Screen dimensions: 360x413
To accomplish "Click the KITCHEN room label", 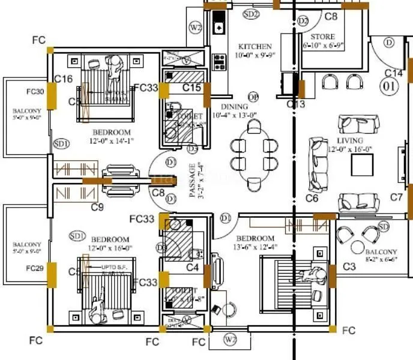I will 255,46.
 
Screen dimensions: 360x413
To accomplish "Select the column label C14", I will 393,73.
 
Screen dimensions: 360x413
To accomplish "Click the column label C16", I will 63,79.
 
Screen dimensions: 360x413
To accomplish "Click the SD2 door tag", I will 251,13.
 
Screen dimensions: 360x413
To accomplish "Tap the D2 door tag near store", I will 303,21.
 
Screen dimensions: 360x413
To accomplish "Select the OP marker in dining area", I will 253,97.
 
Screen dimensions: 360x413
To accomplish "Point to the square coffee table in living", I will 362,163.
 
